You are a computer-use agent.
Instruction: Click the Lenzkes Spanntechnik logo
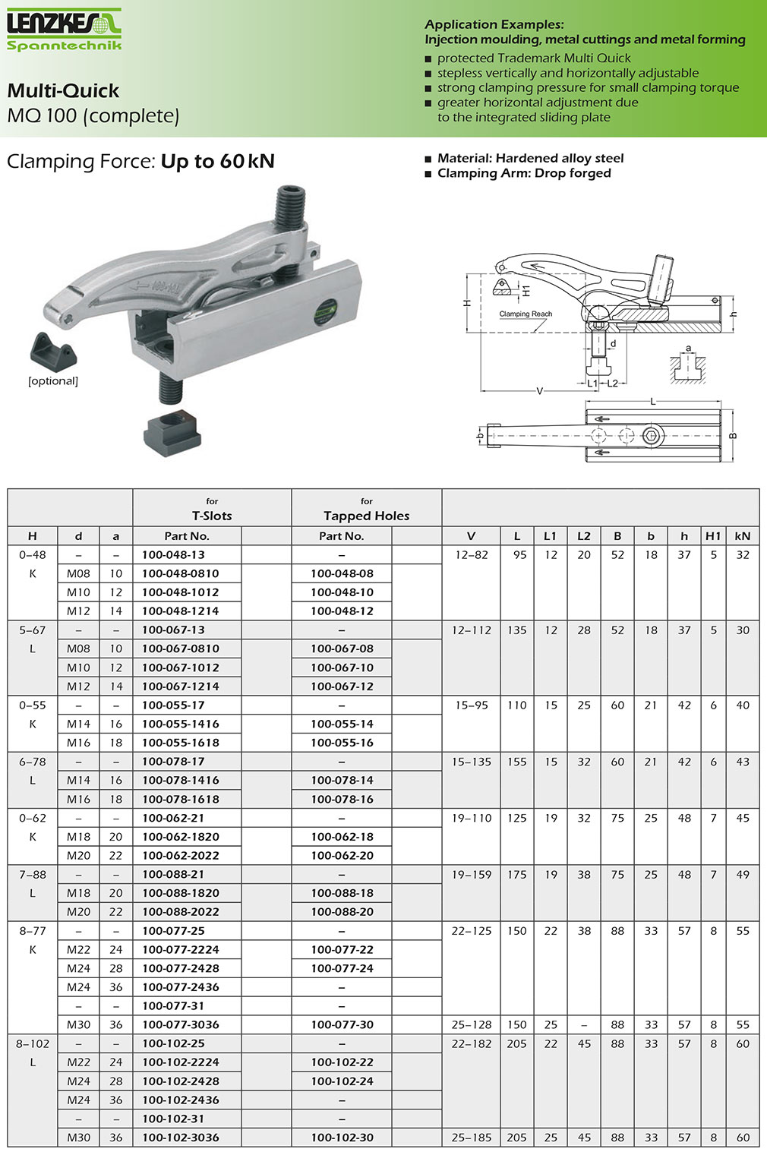[64, 29]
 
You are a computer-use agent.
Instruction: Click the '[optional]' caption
[53, 381]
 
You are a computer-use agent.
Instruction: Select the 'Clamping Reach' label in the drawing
[526, 314]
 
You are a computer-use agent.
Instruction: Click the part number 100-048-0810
[180, 573]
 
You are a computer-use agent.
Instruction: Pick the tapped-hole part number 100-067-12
[342, 686]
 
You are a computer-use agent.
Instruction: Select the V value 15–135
[471, 762]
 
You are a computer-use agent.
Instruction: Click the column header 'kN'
[742, 535]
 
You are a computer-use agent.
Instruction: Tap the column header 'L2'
[583, 535]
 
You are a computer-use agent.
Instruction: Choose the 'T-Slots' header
[212, 516]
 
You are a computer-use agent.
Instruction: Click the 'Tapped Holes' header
[366, 516]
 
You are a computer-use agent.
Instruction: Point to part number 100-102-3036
[180, 1138]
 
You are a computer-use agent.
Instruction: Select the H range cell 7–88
[33, 874]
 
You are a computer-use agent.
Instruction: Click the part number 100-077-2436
[180, 987]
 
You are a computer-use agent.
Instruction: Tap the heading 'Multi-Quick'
[63, 91]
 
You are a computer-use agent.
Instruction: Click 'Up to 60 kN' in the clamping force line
[217, 161]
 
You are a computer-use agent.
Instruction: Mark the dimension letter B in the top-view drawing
[733, 436]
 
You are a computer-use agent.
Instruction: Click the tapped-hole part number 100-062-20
[342, 855]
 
